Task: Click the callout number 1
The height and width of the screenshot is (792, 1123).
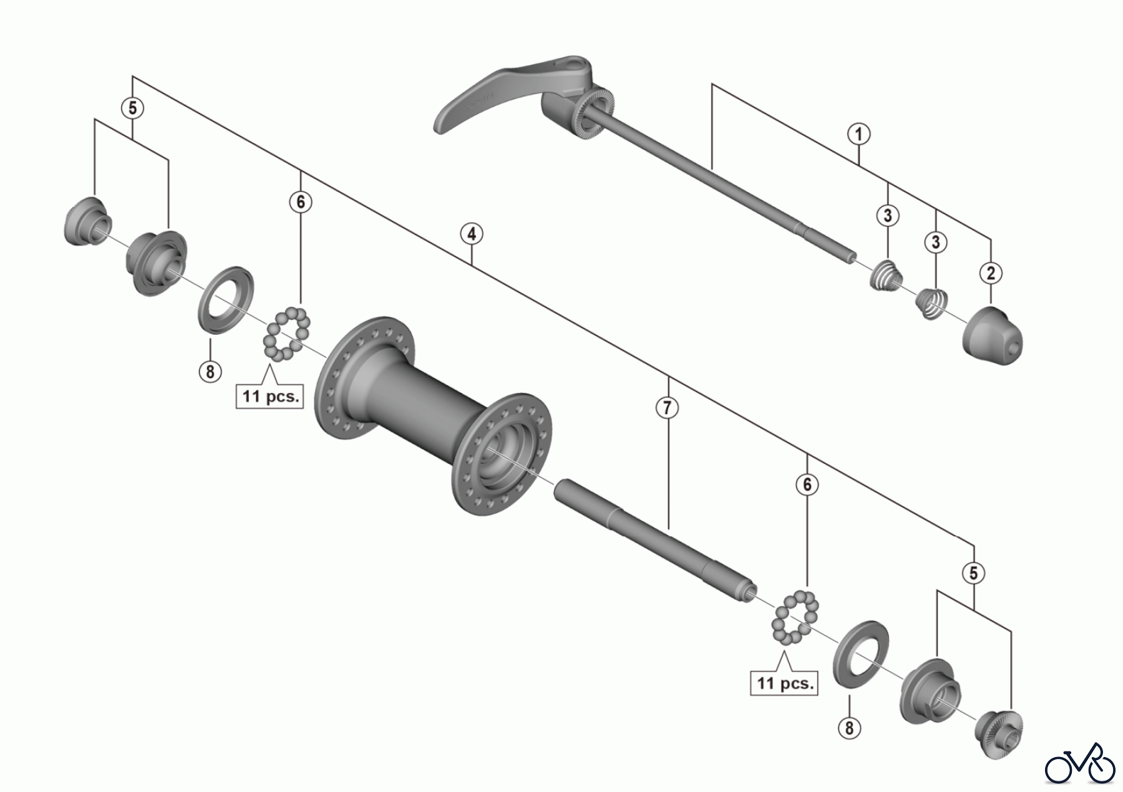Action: (858, 134)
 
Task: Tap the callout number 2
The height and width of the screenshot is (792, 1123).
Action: (991, 273)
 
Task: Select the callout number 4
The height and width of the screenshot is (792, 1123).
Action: (472, 234)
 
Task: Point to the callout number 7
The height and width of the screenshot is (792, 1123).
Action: (667, 408)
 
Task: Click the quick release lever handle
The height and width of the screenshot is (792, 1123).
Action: (493, 94)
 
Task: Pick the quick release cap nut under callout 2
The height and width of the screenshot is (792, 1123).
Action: (993, 336)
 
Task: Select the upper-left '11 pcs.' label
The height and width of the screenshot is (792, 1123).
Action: (270, 396)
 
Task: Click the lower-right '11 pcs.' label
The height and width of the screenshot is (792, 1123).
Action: (784, 683)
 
